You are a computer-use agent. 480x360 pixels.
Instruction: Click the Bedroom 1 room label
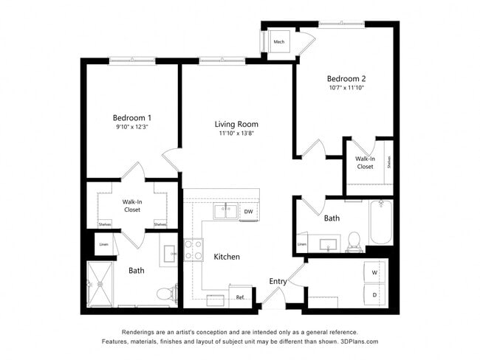pyautogui.click(x=132, y=117)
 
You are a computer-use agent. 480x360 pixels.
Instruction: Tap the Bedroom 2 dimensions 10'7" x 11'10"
pyautogui.click(x=346, y=88)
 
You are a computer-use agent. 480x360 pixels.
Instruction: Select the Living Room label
pyautogui.click(x=236, y=124)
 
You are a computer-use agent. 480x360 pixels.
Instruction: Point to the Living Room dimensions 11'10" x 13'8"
pyautogui.click(x=236, y=134)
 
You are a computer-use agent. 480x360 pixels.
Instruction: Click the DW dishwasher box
pyautogui.click(x=248, y=212)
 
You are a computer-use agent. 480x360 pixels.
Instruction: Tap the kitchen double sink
pyautogui.click(x=225, y=212)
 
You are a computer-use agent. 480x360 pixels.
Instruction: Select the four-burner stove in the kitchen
pyautogui.click(x=193, y=249)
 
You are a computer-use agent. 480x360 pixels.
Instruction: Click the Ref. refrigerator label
pyautogui.click(x=240, y=297)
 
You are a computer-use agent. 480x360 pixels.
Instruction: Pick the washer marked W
pyautogui.click(x=374, y=273)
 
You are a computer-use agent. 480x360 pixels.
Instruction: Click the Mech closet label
pyautogui.click(x=279, y=42)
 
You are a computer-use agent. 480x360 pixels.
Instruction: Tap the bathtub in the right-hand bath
pyautogui.click(x=381, y=221)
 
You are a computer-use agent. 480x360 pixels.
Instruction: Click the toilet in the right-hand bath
pyautogui.click(x=353, y=240)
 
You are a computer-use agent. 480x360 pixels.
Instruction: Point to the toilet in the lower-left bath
pyautogui.click(x=173, y=294)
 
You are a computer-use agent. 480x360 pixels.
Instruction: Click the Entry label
pyautogui.click(x=278, y=281)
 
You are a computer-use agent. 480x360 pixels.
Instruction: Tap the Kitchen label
pyautogui.click(x=227, y=257)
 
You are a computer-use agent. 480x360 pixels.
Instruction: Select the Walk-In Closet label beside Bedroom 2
pyautogui.click(x=365, y=162)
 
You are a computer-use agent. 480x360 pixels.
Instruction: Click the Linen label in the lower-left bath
pyautogui.click(x=103, y=243)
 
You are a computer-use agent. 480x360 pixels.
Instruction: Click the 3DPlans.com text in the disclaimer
pyautogui.click(x=358, y=342)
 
